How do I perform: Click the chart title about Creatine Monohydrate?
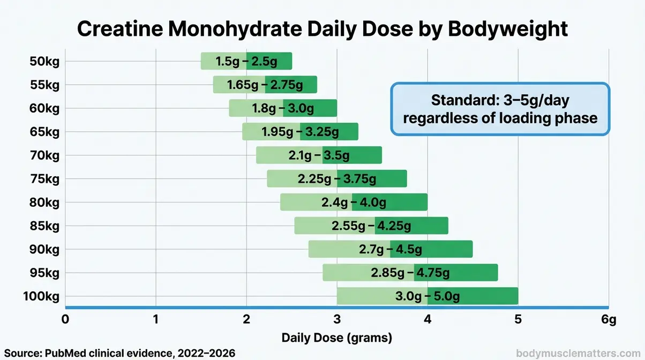pos(322,28)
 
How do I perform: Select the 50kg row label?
pos(44,61)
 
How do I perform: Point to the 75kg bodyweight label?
pos(44,178)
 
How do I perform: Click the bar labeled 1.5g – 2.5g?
pos(246,61)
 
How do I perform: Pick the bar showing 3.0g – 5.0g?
pos(427,296)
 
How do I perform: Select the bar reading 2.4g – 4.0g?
pos(354,202)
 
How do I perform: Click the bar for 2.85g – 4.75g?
pos(410,273)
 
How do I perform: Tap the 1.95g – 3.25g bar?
pos(300,131)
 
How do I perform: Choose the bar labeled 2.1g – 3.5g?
pos(319,155)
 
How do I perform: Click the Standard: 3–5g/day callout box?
pos(500,109)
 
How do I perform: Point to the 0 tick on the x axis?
pos(65,320)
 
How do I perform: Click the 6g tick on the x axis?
pos(609,320)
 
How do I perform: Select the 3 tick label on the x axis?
pos(337,320)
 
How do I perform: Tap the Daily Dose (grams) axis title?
pos(337,338)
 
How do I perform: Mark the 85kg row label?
pos(44,226)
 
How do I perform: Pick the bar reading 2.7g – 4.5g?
pos(390,249)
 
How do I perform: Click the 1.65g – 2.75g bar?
pos(265,85)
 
